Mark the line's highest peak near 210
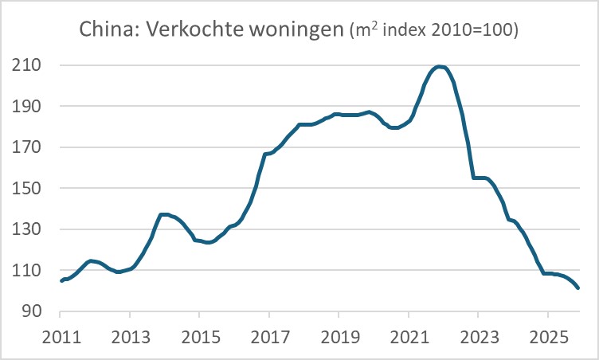[x=440, y=66]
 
